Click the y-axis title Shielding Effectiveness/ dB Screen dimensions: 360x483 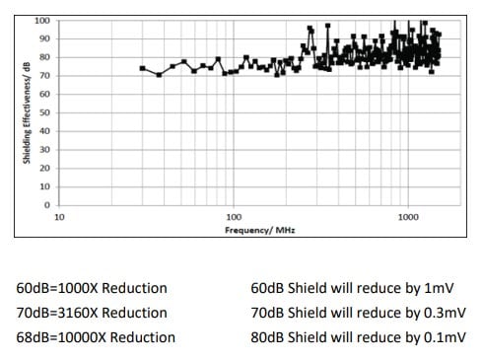tap(28, 112)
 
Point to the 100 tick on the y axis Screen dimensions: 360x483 tap(42, 21)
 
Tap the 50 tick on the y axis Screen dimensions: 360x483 tap(44, 112)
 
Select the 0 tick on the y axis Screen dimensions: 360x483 tap(47, 205)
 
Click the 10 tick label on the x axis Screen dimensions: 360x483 tap(59, 216)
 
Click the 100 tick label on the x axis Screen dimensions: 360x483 tap(233, 216)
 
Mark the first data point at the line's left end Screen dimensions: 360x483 tap(142, 68)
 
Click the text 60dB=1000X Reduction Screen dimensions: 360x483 tap(92, 288)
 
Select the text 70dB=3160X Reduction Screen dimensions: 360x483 tap(92, 313)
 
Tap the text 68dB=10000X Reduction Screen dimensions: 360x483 tap(96, 337)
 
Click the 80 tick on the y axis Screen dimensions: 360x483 tap(44, 57)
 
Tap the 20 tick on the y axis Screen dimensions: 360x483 tap(44, 169)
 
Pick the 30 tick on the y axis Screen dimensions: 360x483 tap(44, 150)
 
